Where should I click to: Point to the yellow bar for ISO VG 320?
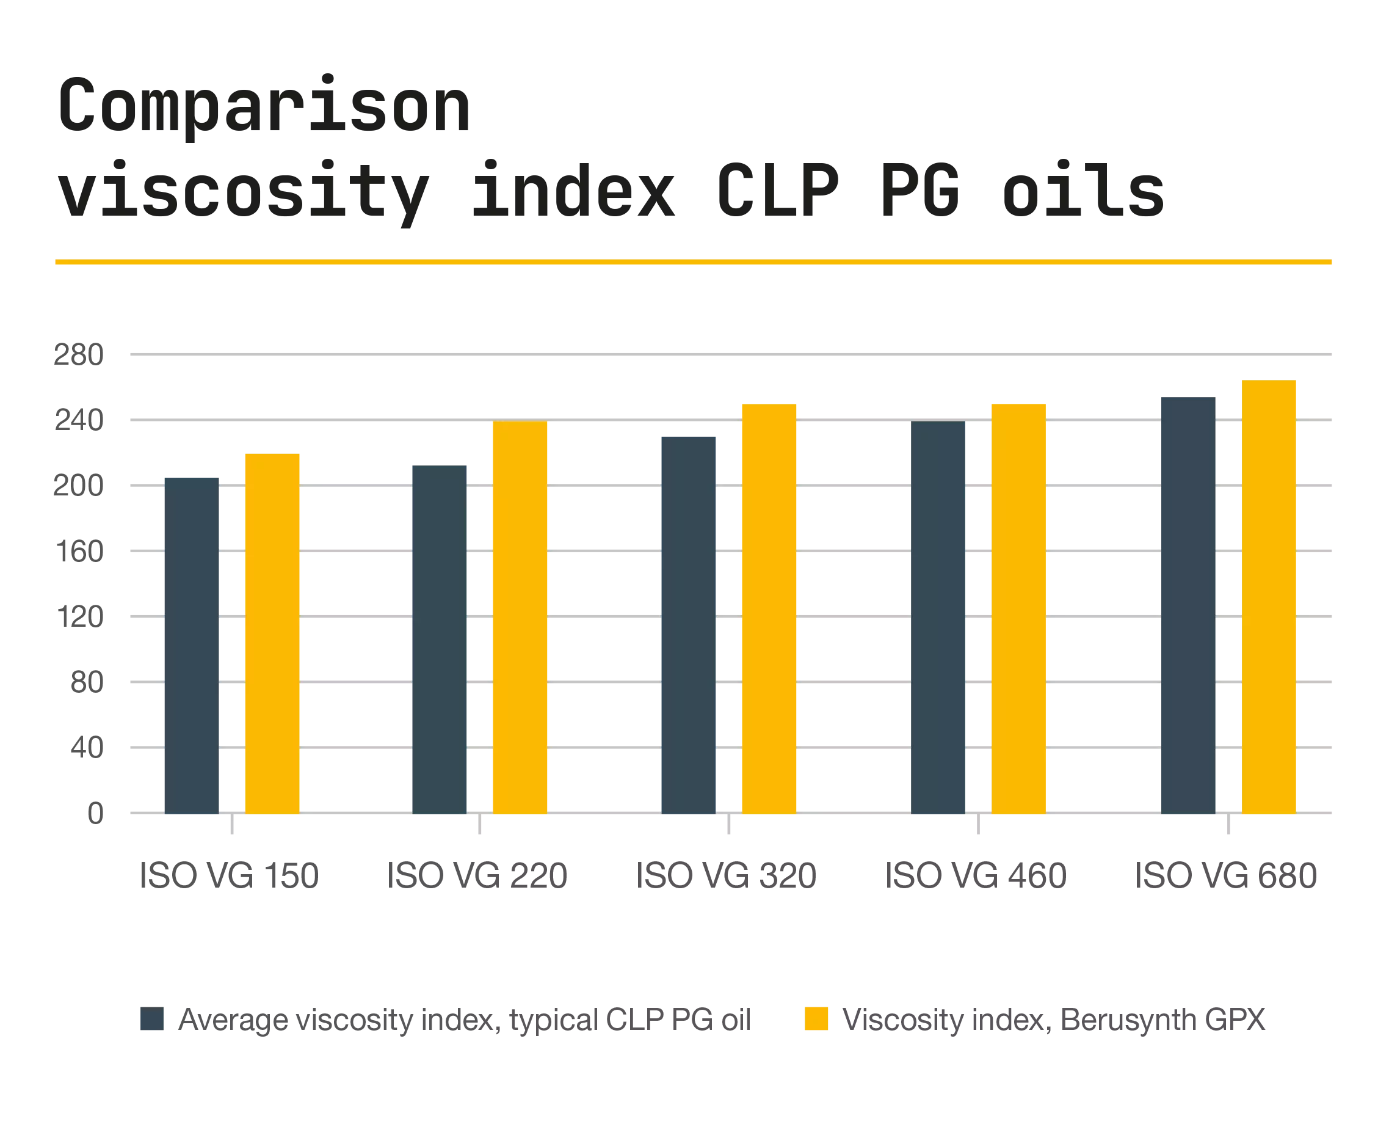[770, 607]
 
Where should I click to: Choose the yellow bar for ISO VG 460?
[1020, 607]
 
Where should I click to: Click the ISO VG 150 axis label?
[232, 876]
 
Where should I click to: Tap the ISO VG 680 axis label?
[1225, 876]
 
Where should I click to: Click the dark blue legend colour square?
[151, 1018]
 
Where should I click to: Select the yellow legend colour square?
[816, 1018]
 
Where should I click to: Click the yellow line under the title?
[693, 263]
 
